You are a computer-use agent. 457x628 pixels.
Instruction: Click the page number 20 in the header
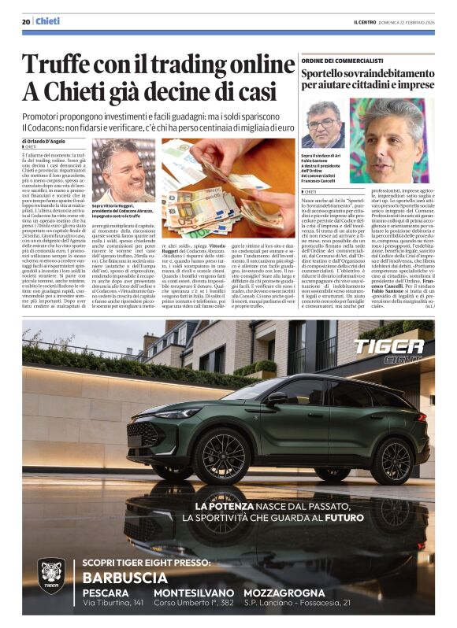tap(26, 22)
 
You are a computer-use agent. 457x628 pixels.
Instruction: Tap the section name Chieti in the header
tap(48, 22)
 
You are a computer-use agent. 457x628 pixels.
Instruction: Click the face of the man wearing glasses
tap(323, 121)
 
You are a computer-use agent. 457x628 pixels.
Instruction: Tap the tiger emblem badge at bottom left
tap(51, 575)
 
